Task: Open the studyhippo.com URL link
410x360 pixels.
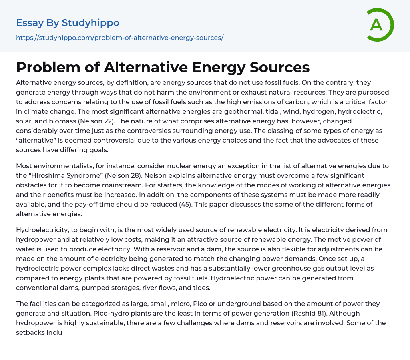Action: tap(120, 38)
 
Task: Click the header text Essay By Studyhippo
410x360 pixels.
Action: tap(68, 23)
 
